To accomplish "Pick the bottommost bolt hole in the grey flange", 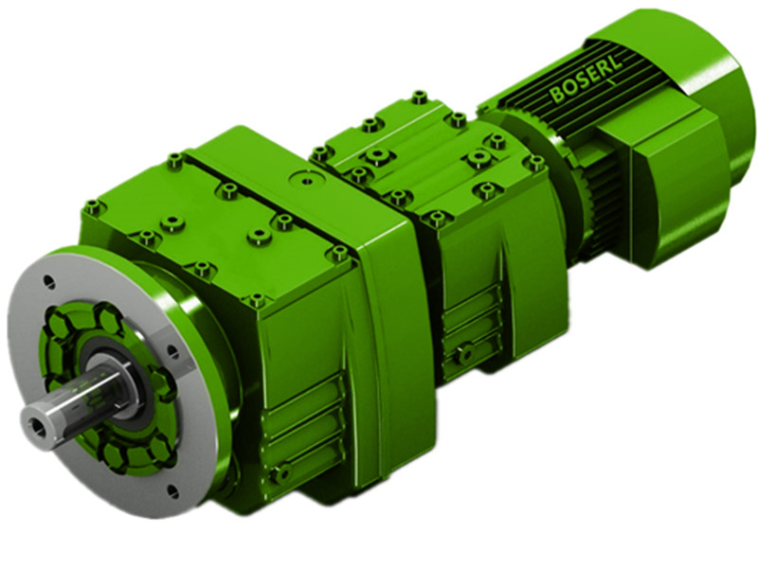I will [x=171, y=489].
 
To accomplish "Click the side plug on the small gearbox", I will [x=463, y=353].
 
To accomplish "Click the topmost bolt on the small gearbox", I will [x=418, y=97].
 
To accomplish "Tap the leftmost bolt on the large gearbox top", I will [x=92, y=205].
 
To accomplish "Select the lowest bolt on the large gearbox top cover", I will [x=256, y=300].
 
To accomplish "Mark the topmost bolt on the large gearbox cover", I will [x=173, y=160].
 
